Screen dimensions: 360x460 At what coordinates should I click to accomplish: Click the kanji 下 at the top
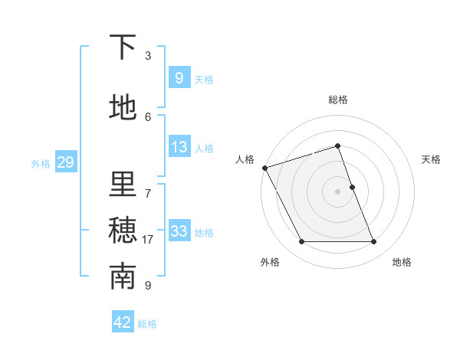[123, 47]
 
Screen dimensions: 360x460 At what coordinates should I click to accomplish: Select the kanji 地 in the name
[123, 107]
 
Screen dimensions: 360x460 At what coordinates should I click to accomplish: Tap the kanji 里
[123, 185]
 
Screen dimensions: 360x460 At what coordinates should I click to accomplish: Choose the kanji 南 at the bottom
[123, 277]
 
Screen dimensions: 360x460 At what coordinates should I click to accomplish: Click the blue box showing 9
[179, 77]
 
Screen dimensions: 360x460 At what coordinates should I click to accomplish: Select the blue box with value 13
[179, 147]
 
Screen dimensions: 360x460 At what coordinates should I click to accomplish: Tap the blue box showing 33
[179, 231]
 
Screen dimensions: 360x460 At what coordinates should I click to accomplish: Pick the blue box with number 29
[65, 162]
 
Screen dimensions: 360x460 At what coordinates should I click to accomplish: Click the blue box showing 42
[123, 322]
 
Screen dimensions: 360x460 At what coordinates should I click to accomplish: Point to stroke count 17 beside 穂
[148, 240]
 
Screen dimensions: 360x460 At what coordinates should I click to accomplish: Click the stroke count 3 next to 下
[148, 55]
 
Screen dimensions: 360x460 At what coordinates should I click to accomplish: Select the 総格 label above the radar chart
[337, 100]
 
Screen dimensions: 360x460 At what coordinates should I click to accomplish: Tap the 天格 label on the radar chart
[432, 159]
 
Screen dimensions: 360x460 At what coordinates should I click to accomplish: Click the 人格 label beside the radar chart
[245, 159]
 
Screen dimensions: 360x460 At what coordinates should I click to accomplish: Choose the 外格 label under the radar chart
[270, 263]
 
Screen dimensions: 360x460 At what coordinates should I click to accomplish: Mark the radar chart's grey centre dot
[337, 191]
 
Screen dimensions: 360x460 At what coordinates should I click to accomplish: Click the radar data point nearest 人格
[264, 168]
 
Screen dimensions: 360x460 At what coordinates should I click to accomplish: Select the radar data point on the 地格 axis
[374, 242]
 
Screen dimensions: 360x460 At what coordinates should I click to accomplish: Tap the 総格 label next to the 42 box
[147, 324]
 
